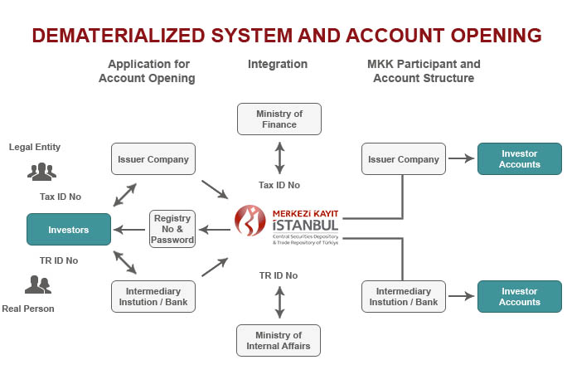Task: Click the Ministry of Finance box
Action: pos(279,119)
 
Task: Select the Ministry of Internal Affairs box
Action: pos(279,340)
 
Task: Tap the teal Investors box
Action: pos(68,229)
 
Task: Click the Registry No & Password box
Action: pos(173,229)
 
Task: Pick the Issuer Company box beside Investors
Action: pos(153,159)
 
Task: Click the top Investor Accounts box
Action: pos(519,159)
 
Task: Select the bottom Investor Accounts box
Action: pos(519,297)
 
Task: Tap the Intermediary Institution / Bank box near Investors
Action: pos(153,297)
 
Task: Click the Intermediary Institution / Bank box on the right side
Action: pos(403,297)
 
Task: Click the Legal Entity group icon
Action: pos(41,172)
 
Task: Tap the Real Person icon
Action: pos(37,285)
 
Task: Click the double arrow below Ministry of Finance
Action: pos(279,156)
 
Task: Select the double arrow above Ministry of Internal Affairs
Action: pos(279,302)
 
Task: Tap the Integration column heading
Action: pos(278,64)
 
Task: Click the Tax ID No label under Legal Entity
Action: pos(60,197)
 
